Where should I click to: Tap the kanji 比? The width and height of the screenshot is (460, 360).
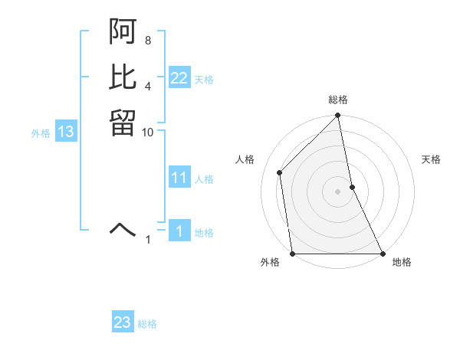(123, 77)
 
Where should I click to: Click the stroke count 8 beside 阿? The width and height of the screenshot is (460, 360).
(147, 40)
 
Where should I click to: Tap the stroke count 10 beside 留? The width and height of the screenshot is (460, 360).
(149, 132)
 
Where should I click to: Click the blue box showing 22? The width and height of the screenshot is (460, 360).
(179, 77)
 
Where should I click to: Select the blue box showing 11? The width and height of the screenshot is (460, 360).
(179, 178)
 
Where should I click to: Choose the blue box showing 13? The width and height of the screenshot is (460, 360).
(66, 132)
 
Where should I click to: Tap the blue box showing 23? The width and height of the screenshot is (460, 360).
(123, 322)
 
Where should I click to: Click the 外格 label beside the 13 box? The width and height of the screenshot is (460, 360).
(41, 133)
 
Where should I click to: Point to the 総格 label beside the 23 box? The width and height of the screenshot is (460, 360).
(147, 324)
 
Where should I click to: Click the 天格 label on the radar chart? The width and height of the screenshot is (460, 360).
(431, 159)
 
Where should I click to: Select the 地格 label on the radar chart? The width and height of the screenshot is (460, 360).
(402, 263)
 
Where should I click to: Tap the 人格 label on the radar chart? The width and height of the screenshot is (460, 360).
(245, 159)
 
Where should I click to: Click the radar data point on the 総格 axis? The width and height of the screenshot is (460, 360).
(338, 116)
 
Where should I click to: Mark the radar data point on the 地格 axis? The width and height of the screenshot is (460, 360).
(383, 254)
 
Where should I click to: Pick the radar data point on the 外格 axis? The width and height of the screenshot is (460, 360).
(293, 254)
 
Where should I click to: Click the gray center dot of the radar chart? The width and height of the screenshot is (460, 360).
(338, 191)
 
